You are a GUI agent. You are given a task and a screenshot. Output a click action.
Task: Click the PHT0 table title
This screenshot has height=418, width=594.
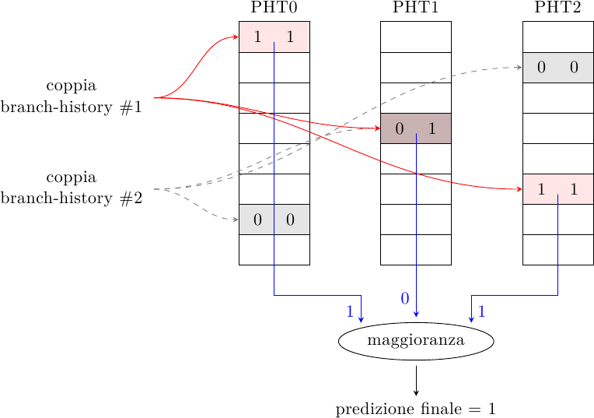274,8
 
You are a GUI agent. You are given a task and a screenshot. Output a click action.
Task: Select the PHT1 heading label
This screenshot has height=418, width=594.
416,8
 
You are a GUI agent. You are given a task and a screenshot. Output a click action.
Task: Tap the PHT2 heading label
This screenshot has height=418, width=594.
557,8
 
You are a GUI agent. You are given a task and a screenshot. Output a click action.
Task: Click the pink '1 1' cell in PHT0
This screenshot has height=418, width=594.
274,37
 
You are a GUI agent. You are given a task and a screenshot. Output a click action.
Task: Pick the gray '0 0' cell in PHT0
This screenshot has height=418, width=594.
274,220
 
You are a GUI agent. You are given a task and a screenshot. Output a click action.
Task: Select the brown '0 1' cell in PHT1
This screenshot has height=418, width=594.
416,128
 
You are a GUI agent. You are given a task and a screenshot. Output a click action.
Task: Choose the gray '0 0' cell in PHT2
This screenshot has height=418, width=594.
557,67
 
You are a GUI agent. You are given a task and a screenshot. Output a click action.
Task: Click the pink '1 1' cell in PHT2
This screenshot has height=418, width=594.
557,188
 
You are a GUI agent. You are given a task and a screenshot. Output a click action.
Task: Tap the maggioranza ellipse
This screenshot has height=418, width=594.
416,341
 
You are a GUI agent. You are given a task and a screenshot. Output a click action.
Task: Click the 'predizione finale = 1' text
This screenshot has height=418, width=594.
416,409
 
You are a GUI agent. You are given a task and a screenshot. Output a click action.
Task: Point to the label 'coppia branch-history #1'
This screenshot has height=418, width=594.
72,97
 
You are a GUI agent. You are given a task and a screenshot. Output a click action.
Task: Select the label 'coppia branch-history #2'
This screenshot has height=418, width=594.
72,188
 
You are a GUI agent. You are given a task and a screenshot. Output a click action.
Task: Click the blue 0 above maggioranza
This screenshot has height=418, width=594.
404,298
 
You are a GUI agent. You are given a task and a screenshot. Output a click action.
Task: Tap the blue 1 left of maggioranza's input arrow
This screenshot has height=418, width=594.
350,311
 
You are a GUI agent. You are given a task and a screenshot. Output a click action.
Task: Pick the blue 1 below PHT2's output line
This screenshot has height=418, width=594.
482,311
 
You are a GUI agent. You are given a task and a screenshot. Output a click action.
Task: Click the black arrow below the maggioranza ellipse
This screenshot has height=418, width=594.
416,381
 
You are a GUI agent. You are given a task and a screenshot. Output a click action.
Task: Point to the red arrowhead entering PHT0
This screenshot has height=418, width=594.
235,37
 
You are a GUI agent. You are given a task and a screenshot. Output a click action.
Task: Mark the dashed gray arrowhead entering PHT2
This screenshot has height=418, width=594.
519,67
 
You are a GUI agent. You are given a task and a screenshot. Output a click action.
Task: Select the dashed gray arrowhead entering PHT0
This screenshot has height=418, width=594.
235,220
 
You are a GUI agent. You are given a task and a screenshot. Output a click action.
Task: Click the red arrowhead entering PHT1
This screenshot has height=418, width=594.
376,128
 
